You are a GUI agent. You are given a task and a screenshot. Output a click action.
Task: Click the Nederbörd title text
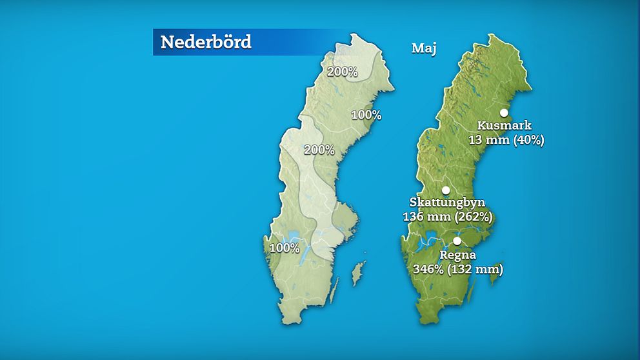206,42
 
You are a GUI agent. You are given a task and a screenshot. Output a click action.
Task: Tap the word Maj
424,48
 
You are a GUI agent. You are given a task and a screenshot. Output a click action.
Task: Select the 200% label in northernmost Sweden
342,72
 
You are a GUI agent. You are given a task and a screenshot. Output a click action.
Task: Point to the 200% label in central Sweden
319,150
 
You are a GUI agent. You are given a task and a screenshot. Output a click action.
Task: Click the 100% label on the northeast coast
366,115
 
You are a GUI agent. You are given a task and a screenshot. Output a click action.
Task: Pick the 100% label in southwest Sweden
285,248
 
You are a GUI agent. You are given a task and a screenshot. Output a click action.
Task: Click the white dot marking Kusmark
503,113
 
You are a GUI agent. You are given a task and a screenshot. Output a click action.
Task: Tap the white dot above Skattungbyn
445,190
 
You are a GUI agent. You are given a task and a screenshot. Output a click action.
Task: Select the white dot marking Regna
457,241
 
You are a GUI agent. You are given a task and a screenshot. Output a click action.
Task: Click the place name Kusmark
505,125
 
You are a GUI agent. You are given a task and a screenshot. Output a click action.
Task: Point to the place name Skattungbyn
447,203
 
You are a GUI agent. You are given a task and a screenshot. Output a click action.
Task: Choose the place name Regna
457,255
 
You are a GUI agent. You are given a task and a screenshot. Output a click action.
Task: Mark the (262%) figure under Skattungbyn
474,217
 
